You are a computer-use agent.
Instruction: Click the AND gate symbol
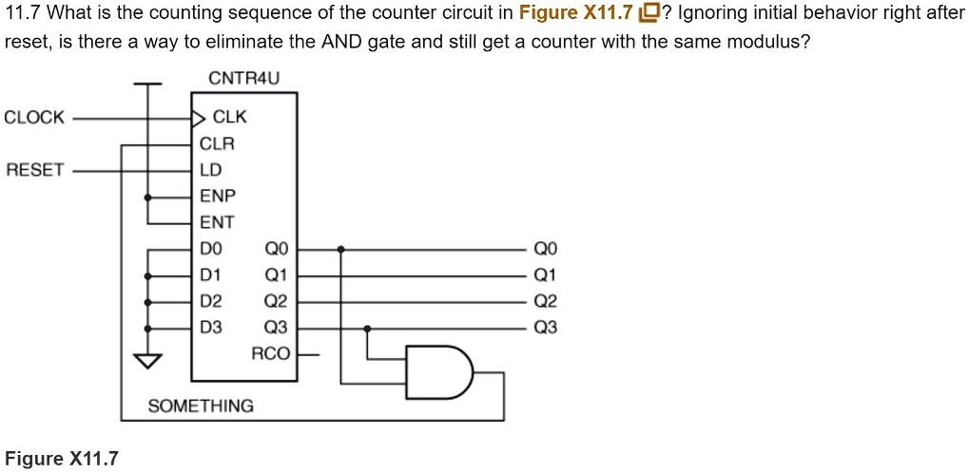[438, 371]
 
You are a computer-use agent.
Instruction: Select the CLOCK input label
[34, 118]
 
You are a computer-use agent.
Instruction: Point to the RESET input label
[34, 170]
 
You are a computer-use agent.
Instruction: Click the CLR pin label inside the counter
[216, 144]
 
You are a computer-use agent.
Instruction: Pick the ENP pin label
[217, 197]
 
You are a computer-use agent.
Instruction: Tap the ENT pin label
[216, 222]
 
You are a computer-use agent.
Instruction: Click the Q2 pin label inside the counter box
[275, 302]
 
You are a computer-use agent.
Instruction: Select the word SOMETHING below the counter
[201, 407]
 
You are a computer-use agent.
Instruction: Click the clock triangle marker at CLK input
[198, 119]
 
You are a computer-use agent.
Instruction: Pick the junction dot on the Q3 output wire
[367, 329]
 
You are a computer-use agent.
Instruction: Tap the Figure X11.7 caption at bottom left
[62, 460]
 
